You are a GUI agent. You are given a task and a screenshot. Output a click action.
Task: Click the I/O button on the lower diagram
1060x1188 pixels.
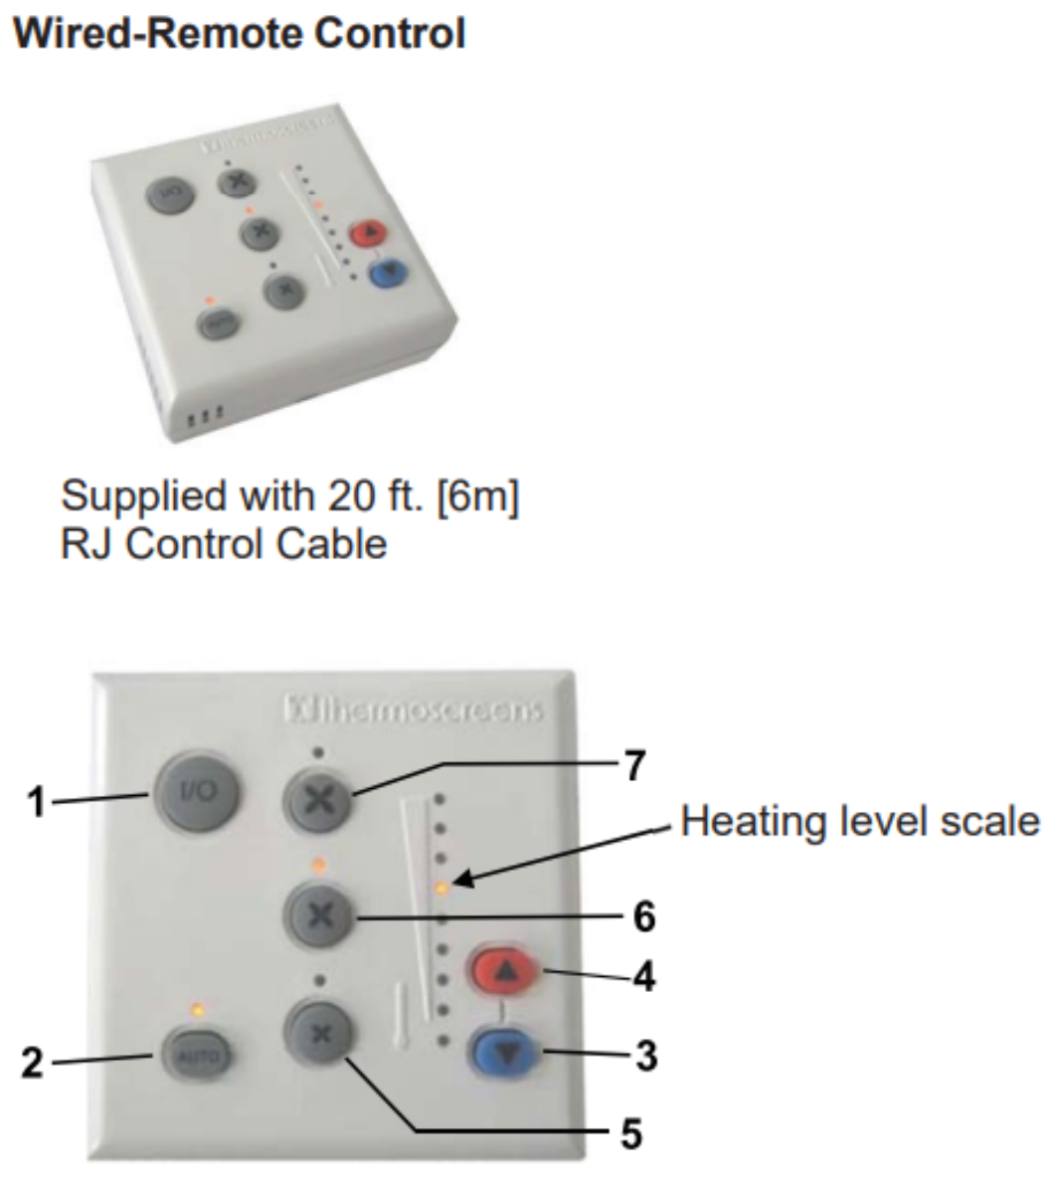pos(196,793)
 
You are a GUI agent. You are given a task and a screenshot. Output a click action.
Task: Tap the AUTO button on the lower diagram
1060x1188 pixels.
pos(196,1056)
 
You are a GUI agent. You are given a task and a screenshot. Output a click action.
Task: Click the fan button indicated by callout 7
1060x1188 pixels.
pos(318,800)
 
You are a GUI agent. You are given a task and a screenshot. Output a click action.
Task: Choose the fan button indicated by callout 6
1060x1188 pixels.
pos(319,915)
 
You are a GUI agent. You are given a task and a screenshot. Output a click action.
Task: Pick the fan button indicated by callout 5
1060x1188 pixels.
pos(319,1034)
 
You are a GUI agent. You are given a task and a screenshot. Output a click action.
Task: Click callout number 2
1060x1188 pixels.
pos(34,1064)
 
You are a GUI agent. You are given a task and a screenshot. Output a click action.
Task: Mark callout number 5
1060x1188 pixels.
pos(631,1133)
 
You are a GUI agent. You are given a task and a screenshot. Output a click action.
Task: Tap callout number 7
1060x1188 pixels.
pos(634,766)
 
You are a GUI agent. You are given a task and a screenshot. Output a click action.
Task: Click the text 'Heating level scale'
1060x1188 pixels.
pos(860,822)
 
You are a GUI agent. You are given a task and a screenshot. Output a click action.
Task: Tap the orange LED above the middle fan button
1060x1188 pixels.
pos(319,865)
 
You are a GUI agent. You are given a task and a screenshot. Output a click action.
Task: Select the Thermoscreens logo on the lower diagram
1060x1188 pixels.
pos(414,710)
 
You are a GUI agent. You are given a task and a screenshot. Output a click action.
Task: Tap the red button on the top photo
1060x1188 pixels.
pos(369,234)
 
